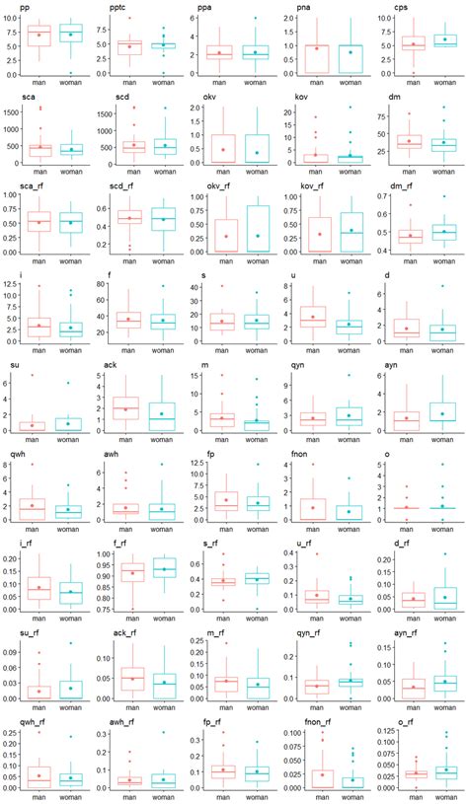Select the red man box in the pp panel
pos(39,36)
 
